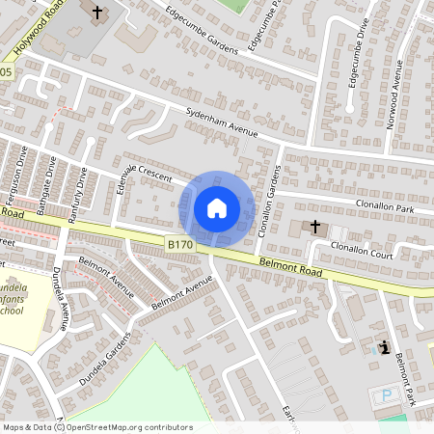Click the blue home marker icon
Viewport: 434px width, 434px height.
[x=217, y=208]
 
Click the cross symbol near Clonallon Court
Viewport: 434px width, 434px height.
[x=315, y=226]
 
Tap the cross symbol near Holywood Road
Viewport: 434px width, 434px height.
[x=97, y=13]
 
